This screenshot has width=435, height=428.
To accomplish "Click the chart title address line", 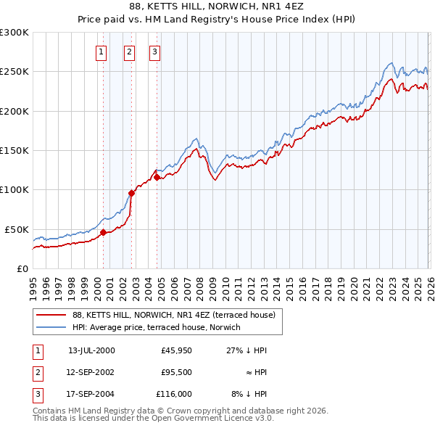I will (217, 7).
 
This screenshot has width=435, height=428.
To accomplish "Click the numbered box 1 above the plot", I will (101, 52).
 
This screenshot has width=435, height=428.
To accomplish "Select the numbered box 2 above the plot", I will (129, 52).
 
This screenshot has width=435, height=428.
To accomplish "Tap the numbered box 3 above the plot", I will (154, 52).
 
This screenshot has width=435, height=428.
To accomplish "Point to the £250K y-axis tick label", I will (14, 72).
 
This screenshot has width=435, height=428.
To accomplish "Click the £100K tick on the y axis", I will (14, 189).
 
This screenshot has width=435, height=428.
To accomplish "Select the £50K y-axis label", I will (17, 229).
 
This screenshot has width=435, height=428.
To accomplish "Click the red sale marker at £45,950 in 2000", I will (103, 232).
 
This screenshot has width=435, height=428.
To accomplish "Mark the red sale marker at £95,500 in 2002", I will (131, 193).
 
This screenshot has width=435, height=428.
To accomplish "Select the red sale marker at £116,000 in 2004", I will (157, 177).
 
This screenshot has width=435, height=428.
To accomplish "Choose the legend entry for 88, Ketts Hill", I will (173, 316).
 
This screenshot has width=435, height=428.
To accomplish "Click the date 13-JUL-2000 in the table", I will (91, 350).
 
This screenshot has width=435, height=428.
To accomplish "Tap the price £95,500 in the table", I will (176, 372).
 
